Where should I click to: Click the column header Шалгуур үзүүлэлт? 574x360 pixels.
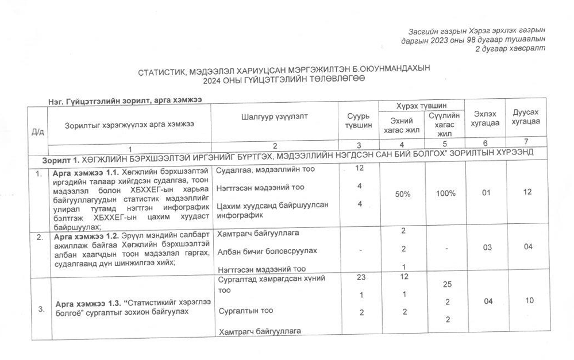[x=275, y=116]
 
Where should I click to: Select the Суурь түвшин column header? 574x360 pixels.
[x=358, y=121]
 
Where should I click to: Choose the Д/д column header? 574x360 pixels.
[x=38, y=131]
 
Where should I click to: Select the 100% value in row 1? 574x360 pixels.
[x=445, y=193]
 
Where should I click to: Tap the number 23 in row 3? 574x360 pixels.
[x=360, y=277]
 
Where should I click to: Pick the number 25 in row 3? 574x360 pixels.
[x=447, y=285]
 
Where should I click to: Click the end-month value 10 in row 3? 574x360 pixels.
[x=527, y=301]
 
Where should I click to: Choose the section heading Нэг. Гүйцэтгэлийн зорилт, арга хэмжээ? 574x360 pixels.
[x=125, y=100]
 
